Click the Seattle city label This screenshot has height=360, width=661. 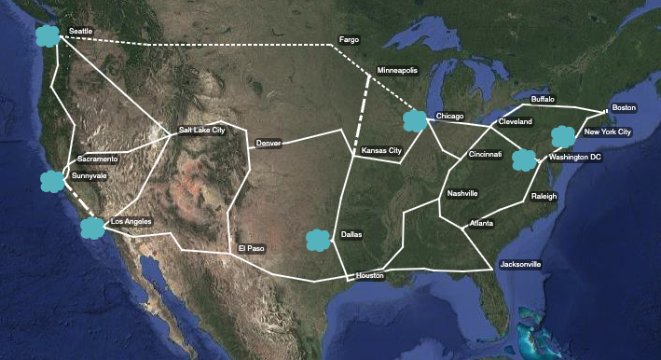coord(80,33)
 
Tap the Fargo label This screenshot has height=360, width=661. coord(349,40)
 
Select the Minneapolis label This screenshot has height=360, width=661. coord(397,71)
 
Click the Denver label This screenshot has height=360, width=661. coord(268,143)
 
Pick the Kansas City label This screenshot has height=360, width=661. coord(381,150)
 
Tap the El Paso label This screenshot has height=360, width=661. coord(251,249)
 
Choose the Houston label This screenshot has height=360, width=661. coord(369,275)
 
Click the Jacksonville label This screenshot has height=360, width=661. coord(520,265)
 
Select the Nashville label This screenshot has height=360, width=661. coord(461,193)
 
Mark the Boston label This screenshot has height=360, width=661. coord(624,107)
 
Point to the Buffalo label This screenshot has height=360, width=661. coord(542,98)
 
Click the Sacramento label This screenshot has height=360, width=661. coord(98,159)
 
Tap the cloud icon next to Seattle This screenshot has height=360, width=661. coord(45,36)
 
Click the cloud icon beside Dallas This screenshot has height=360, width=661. coord(318,240)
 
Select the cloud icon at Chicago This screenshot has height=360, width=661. coord(415,120)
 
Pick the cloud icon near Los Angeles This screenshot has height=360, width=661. coord(92,227)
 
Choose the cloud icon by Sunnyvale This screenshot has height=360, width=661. coord(51,181)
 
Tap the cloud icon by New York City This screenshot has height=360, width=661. coord(563,137)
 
